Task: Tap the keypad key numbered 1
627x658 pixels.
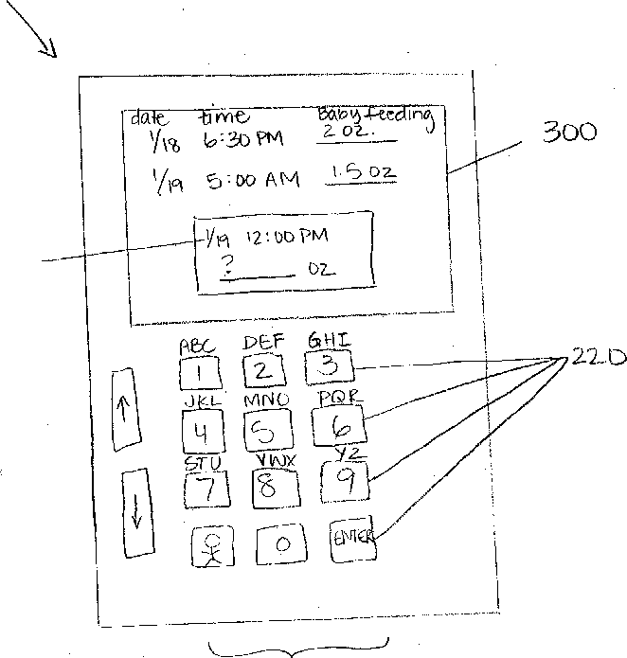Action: click(199, 372)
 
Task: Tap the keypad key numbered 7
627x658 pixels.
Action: click(205, 489)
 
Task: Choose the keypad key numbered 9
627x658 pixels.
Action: click(346, 483)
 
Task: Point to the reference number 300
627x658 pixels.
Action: click(569, 133)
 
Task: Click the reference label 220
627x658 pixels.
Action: click(597, 358)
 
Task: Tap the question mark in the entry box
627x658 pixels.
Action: click(225, 266)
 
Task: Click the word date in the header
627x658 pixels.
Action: click(150, 118)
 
